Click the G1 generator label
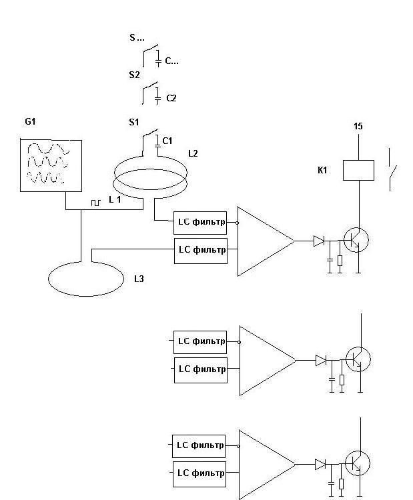(x=30, y=121)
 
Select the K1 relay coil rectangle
(x=358, y=170)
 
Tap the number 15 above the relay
(x=358, y=126)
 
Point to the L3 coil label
(x=139, y=279)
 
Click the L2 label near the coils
(x=193, y=153)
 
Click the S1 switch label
(x=134, y=122)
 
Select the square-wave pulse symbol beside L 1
(x=96, y=203)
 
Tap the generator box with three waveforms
(x=51, y=165)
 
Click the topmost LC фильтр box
(x=200, y=223)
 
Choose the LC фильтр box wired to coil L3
(x=201, y=251)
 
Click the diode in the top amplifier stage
(x=319, y=241)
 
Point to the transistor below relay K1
(x=356, y=240)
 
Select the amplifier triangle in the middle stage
(x=268, y=361)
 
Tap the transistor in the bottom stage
(x=358, y=463)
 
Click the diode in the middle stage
(x=321, y=360)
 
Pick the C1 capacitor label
(x=167, y=141)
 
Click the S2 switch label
(x=134, y=75)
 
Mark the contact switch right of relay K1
(x=392, y=169)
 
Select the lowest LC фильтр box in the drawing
(x=199, y=474)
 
